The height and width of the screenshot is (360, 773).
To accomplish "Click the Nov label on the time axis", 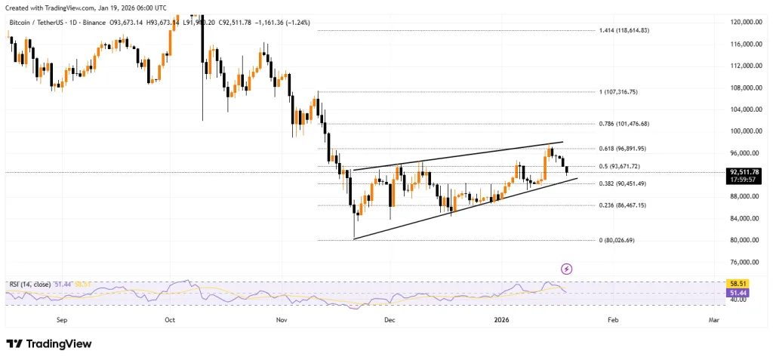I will (282, 320).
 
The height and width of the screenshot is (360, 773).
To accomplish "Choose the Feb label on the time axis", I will (612, 320).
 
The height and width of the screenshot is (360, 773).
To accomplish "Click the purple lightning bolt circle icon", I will (567, 269).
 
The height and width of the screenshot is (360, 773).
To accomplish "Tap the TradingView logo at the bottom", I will (49, 343).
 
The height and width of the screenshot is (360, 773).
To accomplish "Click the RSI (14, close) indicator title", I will (30, 284).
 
